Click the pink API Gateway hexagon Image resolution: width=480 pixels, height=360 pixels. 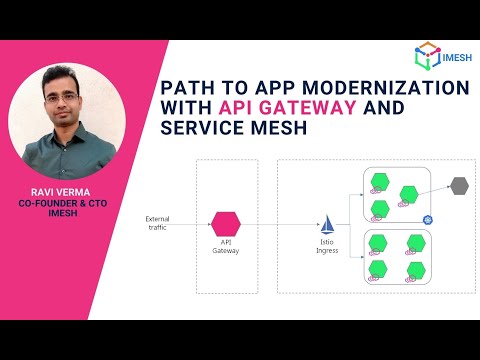[226, 222]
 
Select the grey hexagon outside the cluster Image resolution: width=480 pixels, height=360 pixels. [459, 185]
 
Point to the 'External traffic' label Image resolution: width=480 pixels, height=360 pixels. [158, 223]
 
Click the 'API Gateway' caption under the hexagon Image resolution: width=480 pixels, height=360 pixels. [226, 247]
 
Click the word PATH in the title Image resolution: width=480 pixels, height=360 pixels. [188, 88]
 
